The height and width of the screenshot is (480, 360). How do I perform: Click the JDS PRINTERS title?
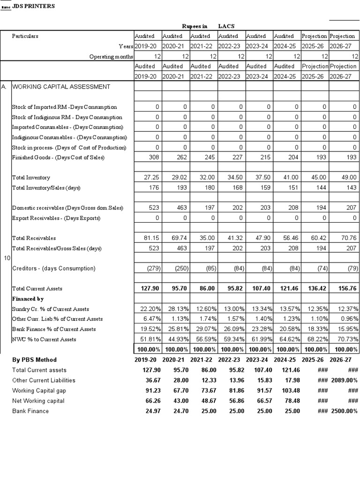36,6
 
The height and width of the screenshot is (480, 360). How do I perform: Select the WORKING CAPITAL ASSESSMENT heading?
61,87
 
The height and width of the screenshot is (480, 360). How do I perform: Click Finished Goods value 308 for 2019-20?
154,157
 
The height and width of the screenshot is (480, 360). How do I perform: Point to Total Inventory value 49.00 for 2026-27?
348,178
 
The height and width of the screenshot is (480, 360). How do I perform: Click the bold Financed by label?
28,299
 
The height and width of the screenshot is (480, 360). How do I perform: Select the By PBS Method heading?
34,360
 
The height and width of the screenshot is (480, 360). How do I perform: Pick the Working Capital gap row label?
39,391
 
